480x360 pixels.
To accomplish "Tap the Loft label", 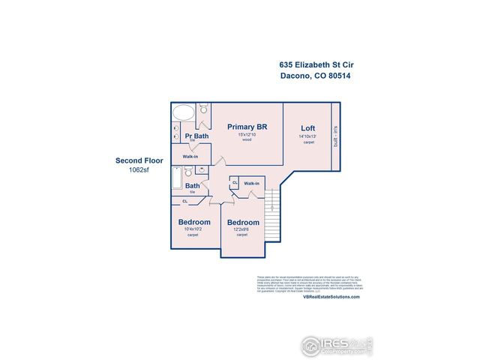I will [x=307, y=127].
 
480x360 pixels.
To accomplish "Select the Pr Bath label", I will [x=196, y=136].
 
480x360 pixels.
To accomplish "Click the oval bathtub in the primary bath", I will [x=184, y=114].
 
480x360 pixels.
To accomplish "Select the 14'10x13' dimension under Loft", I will [x=307, y=136].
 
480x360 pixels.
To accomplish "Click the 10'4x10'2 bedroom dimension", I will [x=193, y=229].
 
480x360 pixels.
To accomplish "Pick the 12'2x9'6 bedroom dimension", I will [x=243, y=230].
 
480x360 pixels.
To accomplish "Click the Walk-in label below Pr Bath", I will [x=190, y=157].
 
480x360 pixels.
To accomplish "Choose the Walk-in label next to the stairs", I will [x=251, y=183].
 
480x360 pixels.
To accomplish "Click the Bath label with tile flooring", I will [x=193, y=186].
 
